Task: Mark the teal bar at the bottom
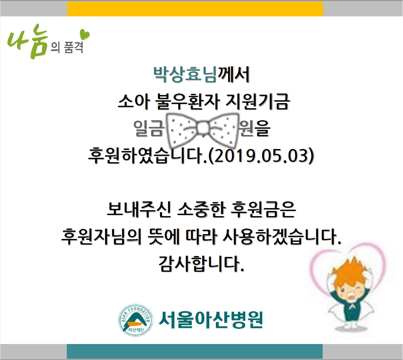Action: (195, 351)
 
